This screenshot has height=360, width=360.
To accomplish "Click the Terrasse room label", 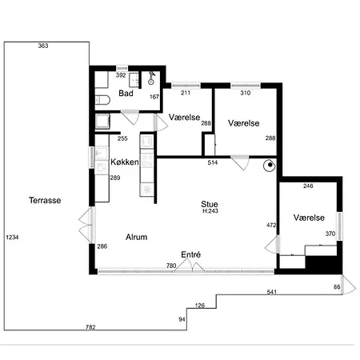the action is pyautogui.click(x=45, y=200).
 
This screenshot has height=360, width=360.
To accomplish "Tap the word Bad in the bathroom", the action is pyautogui.click(x=126, y=94).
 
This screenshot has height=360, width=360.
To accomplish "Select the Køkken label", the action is pyautogui.click(x=125, y=162).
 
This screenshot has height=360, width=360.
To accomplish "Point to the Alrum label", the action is pyautogui.click(x=137, y=237).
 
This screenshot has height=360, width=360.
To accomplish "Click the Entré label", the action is pyautogui.click(x=191, y=254).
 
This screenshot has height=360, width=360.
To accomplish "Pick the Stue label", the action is pyautogui.click(x=210, y=204).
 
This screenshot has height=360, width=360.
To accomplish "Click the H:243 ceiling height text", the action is pyautogui.click(x=210, y=211).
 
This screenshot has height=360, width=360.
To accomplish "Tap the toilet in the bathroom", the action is pyautogui.click(x=102, y=100).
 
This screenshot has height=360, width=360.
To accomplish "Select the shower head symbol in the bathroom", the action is pyautogui.click(x=151, y=78).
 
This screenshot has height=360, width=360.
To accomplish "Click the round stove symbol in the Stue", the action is pyautogui.click(x=270, y=166).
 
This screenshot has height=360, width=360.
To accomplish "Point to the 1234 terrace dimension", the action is pyautogui.click(x=12, y=237).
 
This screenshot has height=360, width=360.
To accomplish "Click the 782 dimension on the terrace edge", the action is pyautogui.click(x=90, y=327).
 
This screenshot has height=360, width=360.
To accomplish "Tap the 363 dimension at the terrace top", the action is pyautogui.click(x=43, y=46).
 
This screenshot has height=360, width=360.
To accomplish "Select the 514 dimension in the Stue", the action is pyautogui.click(x=213, y=162).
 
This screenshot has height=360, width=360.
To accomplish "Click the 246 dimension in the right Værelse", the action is pyautogui.click(x=308, y=186).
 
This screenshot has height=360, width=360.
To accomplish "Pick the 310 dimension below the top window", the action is pyautogui.click(x=246, y=93).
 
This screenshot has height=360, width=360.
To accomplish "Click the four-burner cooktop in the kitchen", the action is pyautogui.click(x=147, y=160).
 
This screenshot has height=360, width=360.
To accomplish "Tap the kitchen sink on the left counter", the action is pyautogui.click(x=102, y=153).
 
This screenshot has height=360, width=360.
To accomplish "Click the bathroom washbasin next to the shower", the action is pyautogui.click(x=134, y=79).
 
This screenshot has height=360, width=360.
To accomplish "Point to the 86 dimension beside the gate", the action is pyautogui.click(x=337, y=287).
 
